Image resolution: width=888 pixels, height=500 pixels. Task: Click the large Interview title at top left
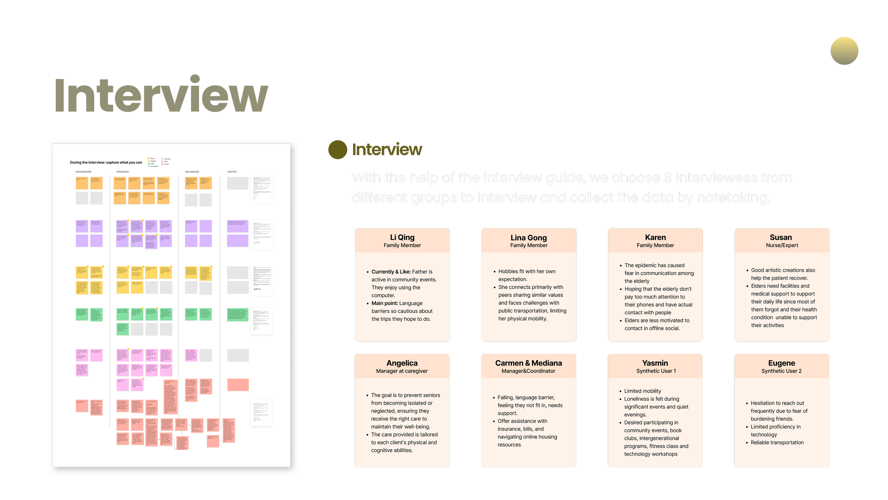[161, 95]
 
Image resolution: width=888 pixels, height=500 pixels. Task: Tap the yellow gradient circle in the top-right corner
[844, 51]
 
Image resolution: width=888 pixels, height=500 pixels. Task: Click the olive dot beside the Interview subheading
[337, 150]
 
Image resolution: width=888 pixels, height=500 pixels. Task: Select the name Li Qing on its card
[402, 237]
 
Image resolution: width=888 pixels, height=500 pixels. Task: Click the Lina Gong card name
[529, 238]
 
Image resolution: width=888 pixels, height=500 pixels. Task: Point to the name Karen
[655, 237]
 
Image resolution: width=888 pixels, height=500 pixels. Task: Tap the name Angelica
[402, 363]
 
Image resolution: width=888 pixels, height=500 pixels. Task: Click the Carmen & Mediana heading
[529, 363]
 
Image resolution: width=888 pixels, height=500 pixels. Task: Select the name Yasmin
[655, 363]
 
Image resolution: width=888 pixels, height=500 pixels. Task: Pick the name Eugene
[781, 363]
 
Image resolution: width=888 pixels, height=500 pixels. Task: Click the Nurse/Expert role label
[782, 245]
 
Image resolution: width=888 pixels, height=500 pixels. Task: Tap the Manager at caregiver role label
[402, 371]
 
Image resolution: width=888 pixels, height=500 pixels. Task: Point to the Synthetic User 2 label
[781, 371]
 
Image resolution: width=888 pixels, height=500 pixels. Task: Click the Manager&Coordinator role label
[528, 371]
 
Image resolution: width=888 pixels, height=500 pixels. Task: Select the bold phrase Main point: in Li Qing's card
[384, 303]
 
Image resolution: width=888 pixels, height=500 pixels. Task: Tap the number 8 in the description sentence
[668, 177]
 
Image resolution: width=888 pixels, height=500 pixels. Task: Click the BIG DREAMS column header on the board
[192, 172]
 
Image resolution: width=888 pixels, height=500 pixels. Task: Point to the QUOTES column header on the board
[232, 172]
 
